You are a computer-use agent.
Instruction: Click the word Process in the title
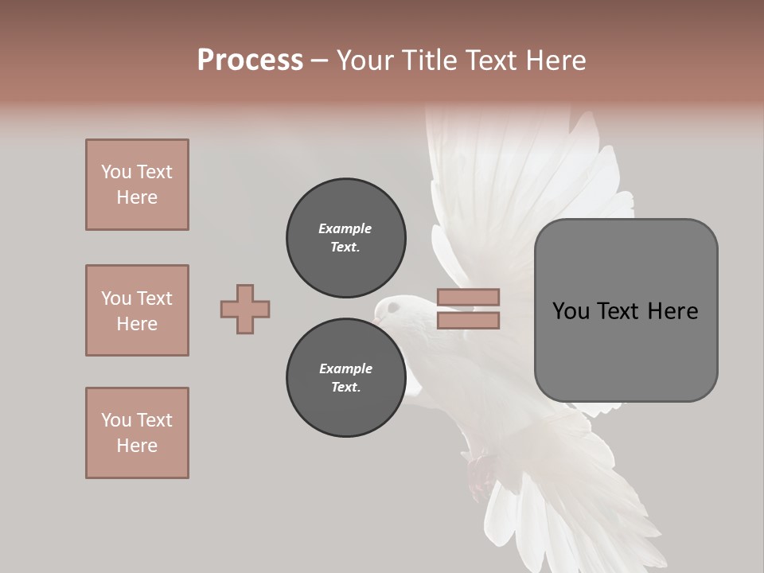[250, 60]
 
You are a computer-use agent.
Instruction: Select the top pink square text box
[137, 185]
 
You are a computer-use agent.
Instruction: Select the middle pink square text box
[137, 310]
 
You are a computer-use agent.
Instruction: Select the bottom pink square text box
[137, 433]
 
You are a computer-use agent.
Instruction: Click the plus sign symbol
[245, 309]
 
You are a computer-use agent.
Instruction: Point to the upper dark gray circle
[345, 238]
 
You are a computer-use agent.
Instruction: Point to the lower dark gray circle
[345, 378]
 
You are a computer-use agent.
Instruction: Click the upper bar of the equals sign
[468, 298]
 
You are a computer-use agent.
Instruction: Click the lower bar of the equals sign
[468, 321]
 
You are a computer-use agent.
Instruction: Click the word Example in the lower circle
[345, 368]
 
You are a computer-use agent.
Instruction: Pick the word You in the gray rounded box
[571, 311]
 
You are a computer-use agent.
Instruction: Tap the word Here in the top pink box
[137, 197]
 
